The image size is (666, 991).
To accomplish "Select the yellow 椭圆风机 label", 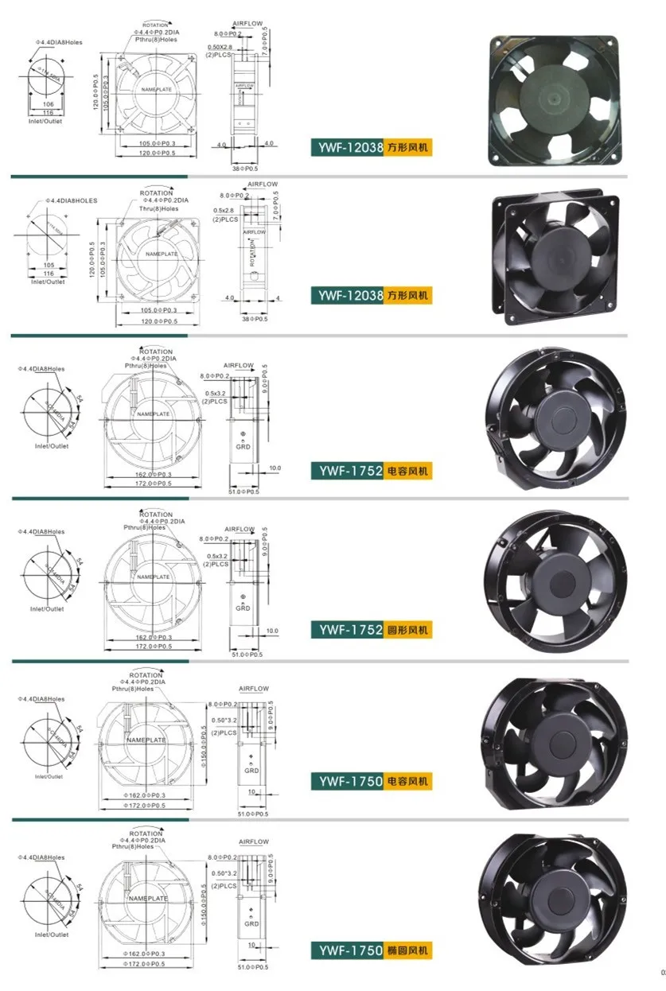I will [x=409, y=950].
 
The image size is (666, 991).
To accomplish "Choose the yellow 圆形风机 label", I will [x=409, y=630].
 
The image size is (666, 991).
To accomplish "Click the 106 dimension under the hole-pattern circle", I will [x=47, y=103].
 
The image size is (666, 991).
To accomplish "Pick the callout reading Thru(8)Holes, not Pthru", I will [x=156, y=209].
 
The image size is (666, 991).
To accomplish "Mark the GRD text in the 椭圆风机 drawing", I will [x=251, y=923].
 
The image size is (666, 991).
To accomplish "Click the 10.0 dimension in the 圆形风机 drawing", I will [x=273, y=630].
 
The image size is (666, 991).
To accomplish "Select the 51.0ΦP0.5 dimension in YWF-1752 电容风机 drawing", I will [x=244, y=492].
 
